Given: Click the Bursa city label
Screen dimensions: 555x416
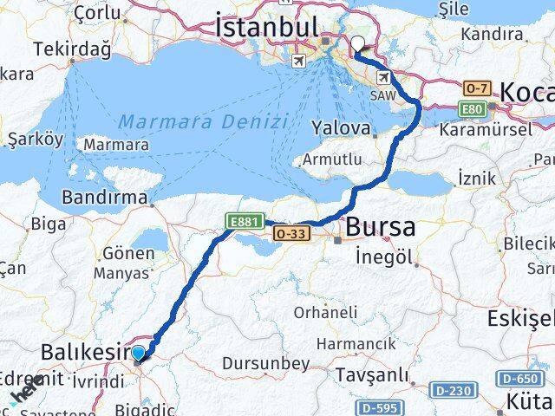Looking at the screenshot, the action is (380, 228).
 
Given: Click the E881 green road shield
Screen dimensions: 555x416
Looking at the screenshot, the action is (242, 223).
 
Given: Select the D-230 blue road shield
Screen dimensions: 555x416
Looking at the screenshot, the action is (451, 391).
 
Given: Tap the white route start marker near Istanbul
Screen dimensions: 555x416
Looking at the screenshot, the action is (358, 48).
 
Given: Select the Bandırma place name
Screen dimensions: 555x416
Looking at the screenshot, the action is (105, 198).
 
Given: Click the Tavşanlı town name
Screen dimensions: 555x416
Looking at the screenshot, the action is (370, 375).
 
